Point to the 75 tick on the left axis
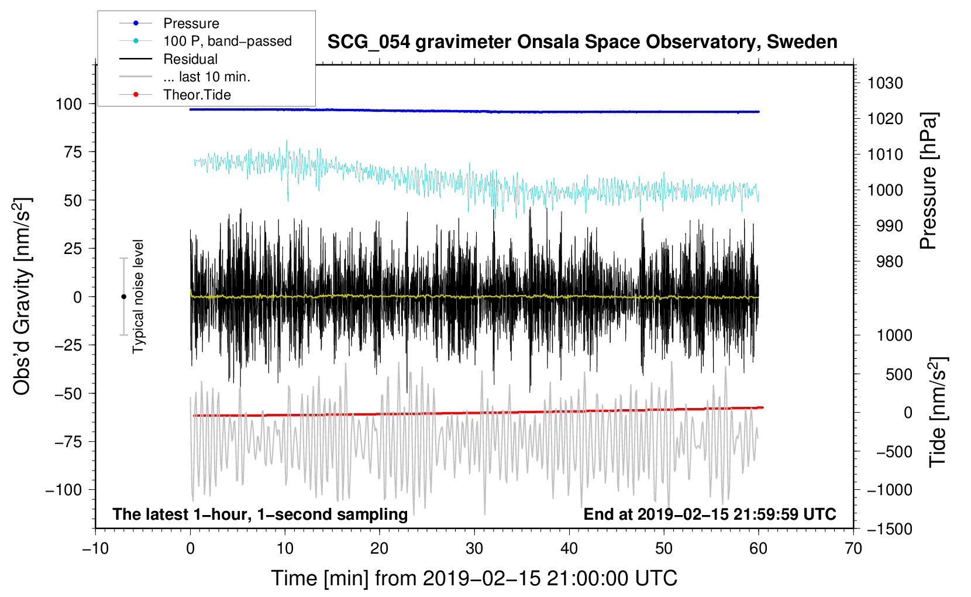click(x=73, y=152)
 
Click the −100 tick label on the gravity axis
click(x=64, y=490)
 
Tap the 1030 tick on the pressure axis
click(x=885, y=83)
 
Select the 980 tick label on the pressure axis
click(x=890, y=262)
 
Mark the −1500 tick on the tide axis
click(x=889, y=529)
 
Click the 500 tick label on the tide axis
click(x=898, y=375)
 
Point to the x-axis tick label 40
click(x=569, y=549)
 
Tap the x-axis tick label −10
click(x=95, y=549)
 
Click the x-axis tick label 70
click(x=853, y=549)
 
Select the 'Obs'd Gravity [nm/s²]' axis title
click(x=22, y=296)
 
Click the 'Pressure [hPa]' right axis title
click(x=928, y=181)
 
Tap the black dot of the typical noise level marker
click(x=123, y=297)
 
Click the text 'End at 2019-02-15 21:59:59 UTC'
click(x=710, y=514)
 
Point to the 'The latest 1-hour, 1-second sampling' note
click(x=260, y=514)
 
